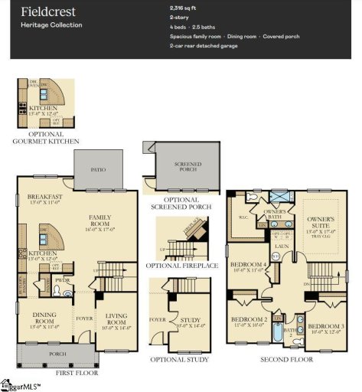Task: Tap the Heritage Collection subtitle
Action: point(51,25)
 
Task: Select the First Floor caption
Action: point(77,373)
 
